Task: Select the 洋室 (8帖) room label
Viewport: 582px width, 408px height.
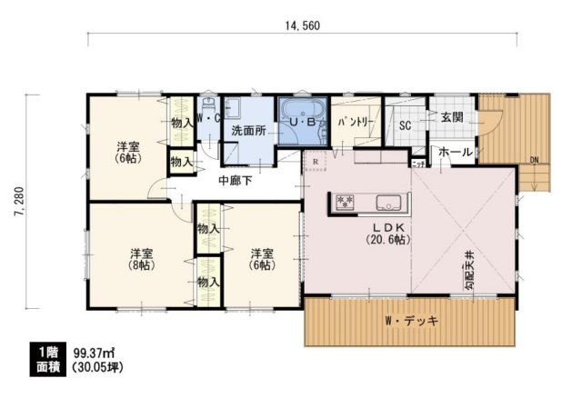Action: pyautogui.click(x=139, y=259)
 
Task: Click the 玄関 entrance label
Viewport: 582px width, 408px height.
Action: pyautogui.click(x=452, y=118)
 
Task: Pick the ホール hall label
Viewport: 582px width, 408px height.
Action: pyautogui.click(x=455, y=153)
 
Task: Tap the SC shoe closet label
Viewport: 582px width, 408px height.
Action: pyautogui.click(x=406, y=126)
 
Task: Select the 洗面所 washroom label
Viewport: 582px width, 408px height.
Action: pyautogui.click(x=248, y=131)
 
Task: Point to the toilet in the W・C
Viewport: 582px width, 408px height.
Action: pyautogui.click(x=208, y=103)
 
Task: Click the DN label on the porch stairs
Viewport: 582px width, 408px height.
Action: pyautogui.click(x=536, y=161)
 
